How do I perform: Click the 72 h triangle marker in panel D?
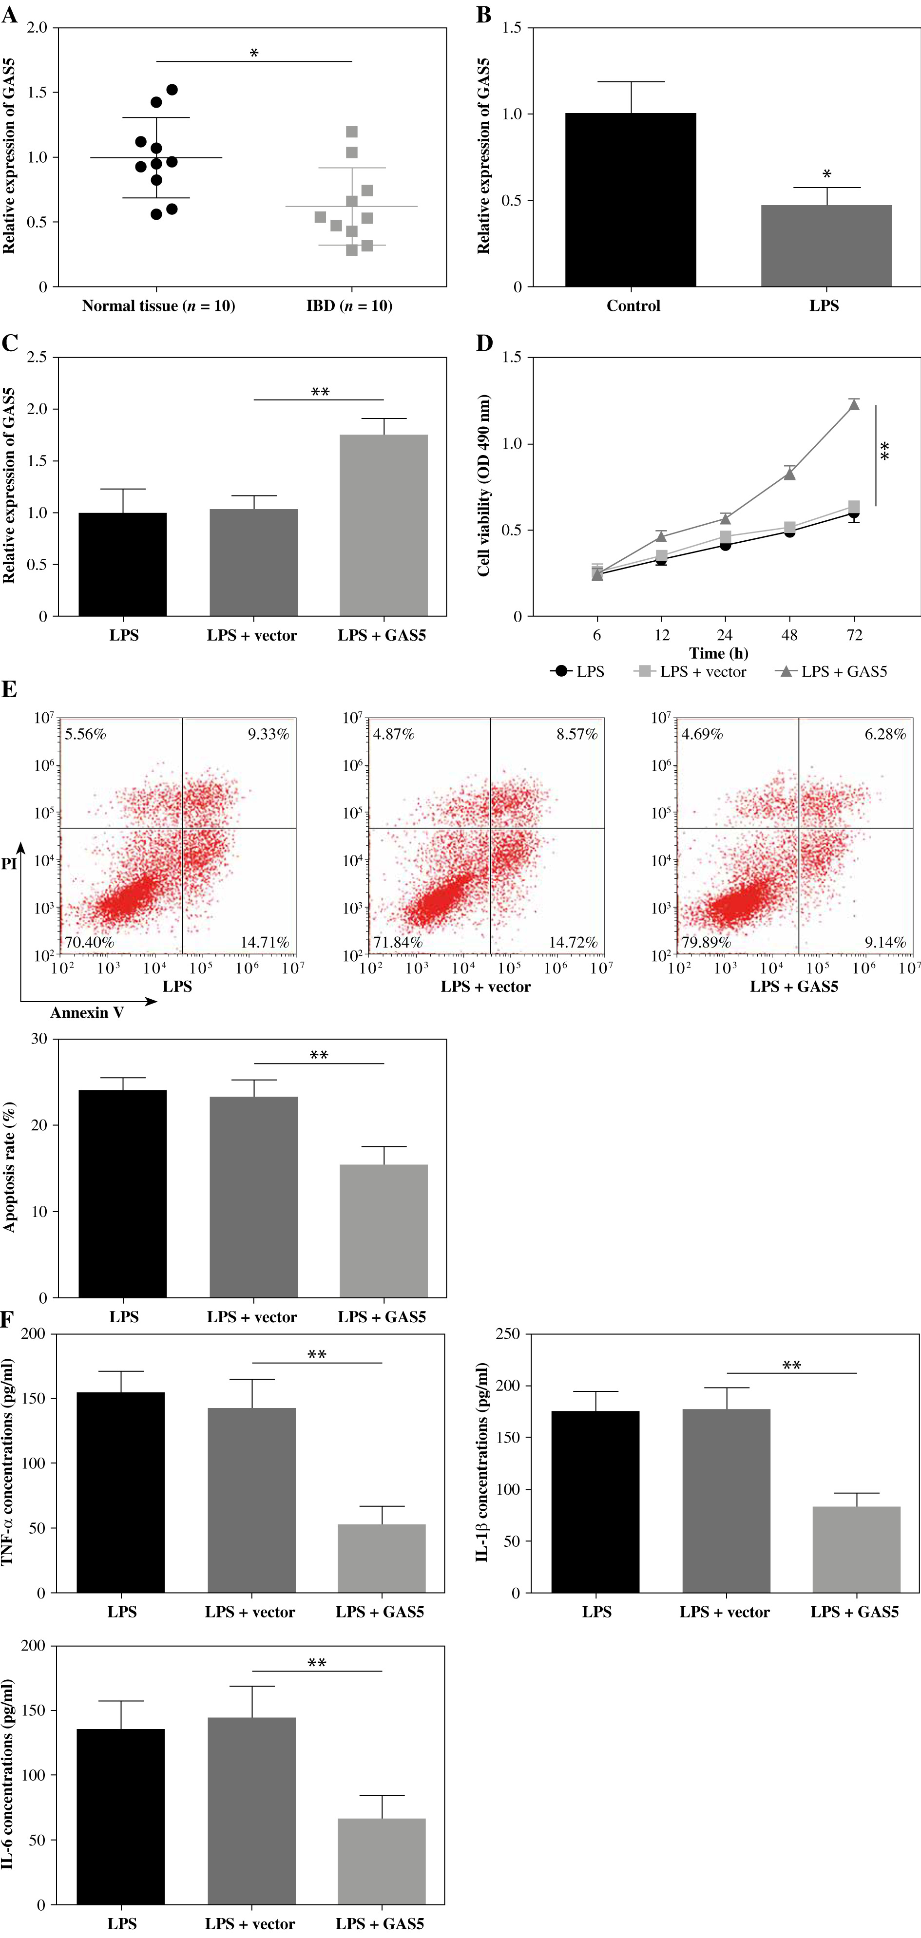click(854, 405)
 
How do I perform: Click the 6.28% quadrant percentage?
click(885, 734)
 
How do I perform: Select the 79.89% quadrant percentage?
click(706, 942)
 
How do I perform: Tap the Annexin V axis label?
click(87, 1013)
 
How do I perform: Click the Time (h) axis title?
click(719, 653)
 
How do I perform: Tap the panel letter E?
click(9, 689)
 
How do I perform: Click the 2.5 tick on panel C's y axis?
click(37, 358)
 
